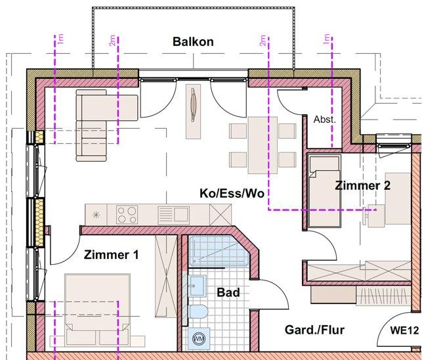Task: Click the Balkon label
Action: (193, 42)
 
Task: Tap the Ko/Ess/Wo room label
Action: (232, 193)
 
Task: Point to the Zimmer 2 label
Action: (362, 186)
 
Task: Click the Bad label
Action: (228, 292)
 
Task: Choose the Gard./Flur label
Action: (315, 330)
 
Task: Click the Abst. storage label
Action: (324, 120)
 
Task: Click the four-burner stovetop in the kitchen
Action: (126, 214)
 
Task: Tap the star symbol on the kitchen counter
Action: (97, 214)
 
